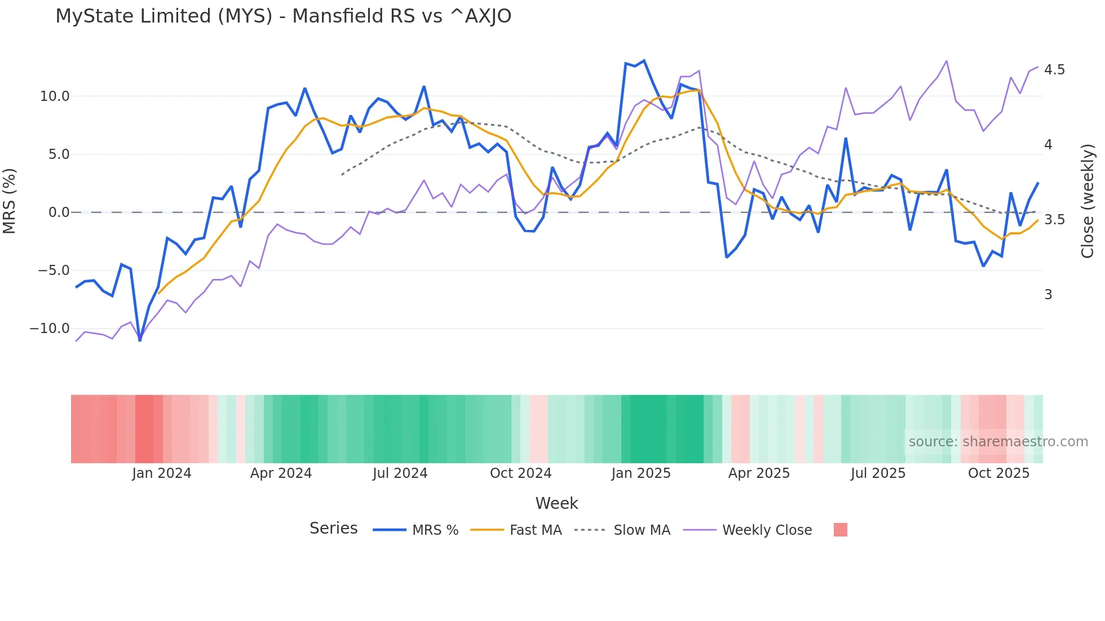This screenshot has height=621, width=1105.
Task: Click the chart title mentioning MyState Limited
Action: pos(283,16)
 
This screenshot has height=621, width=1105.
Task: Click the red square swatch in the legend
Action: pos(840,530)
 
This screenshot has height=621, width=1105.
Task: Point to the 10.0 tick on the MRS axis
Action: pos(55,96)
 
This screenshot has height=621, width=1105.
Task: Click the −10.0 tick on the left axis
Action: pos(50,329)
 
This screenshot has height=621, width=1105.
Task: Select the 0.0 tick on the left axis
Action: pos(59,212)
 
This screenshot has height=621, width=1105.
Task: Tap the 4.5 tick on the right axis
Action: pos(1054,70)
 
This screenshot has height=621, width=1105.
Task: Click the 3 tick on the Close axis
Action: pos(1048,295)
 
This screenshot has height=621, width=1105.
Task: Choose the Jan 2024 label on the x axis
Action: pos(162,473)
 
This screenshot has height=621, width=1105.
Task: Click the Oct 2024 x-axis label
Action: pos(520,473)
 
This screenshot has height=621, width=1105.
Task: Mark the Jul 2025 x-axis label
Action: pos(878,473)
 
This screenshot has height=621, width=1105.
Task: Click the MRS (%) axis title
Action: pos(10,201)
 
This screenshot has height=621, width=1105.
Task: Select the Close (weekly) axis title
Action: pos(1088,201)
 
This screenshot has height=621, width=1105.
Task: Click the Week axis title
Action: pos(556,503)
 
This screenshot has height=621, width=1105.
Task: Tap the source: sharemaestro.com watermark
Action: pos(998,442)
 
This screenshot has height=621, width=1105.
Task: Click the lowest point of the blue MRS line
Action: pos(140,340)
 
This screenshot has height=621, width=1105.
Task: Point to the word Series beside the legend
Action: pos(333,529)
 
